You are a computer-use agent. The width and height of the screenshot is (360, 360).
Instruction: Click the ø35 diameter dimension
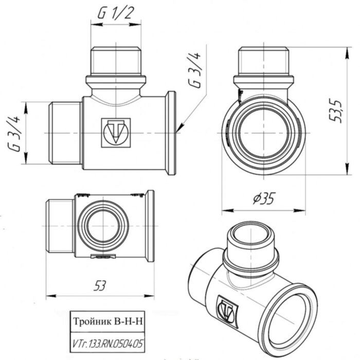tap(264, 197)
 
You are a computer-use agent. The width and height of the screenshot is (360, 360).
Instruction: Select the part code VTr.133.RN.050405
tap(107, 340)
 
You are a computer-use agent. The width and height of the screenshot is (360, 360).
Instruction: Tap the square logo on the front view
tap(115, 133)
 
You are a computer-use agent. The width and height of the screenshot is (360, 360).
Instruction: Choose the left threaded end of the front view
tap(65, 133)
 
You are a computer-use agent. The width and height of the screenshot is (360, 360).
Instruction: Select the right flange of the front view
tap(170, 133)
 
